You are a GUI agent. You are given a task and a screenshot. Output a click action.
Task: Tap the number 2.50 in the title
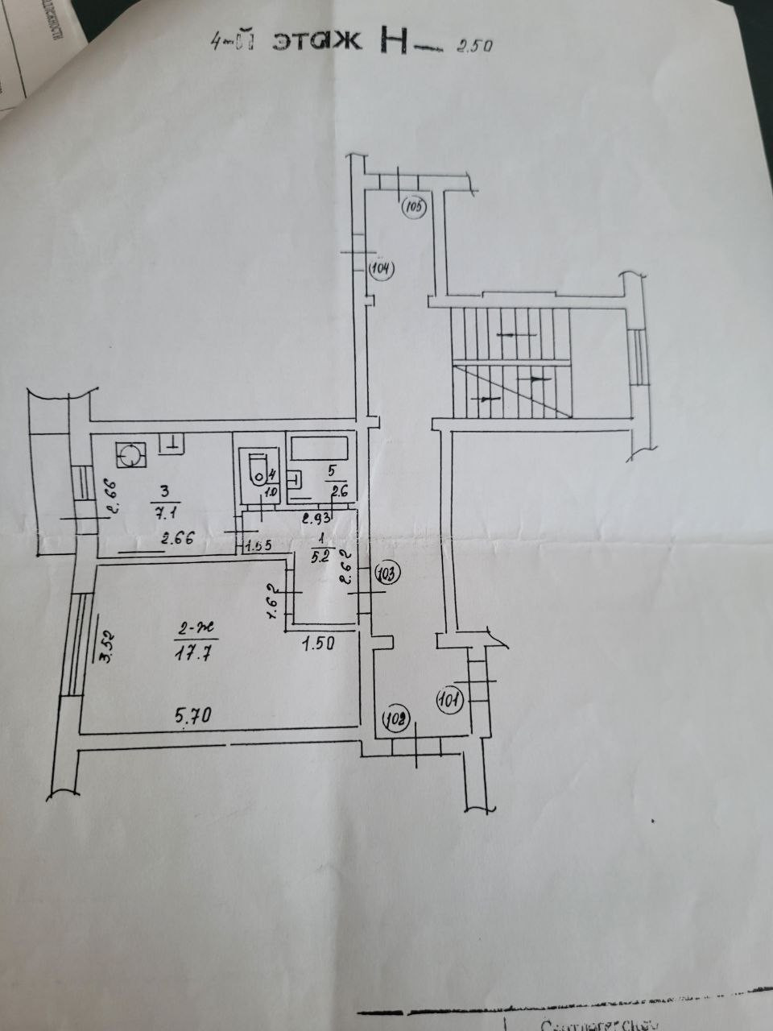tap(473, 45)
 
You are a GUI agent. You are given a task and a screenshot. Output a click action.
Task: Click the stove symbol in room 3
tap(129, 456)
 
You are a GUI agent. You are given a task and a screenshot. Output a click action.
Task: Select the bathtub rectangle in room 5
tap(320, 447)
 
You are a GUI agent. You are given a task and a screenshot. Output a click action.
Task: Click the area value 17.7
tap(193, 654)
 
